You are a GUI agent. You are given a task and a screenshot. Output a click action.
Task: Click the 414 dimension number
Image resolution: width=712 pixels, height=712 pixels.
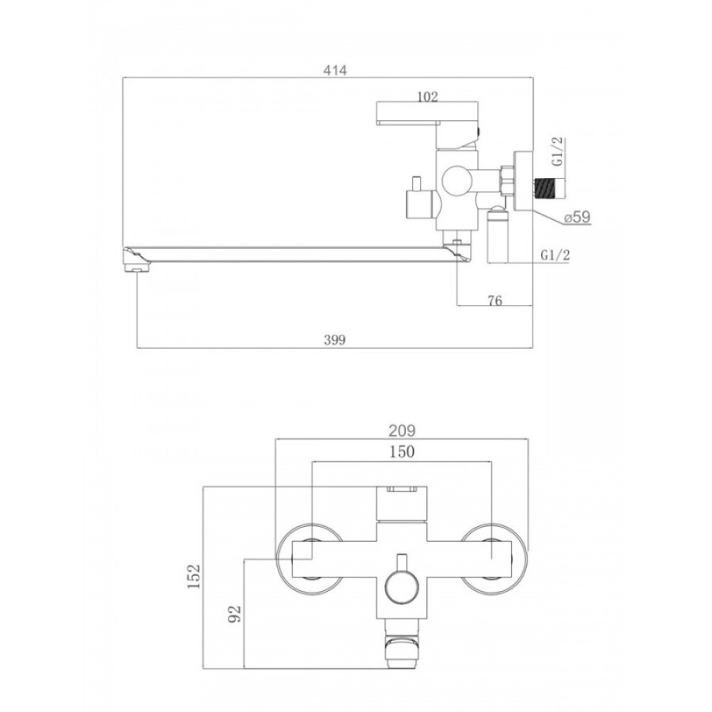335,70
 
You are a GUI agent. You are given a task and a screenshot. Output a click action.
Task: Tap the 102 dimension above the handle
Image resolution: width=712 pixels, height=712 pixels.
427,97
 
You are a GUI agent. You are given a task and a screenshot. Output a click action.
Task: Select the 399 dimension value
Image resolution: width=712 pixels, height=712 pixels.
335,339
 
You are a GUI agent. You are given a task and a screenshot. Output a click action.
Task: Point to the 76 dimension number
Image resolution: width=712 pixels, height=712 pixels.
495,301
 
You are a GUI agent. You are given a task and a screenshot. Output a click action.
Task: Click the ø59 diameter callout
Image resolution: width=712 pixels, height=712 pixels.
578,217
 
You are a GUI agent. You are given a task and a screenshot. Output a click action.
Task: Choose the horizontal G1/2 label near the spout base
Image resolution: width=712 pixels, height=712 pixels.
555,256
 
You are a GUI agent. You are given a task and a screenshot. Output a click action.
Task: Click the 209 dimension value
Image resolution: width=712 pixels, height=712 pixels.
402,430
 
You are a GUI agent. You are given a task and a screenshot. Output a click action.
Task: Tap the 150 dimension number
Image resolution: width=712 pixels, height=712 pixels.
402,452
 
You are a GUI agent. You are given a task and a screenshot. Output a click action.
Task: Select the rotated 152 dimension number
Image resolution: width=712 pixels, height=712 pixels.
194,576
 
